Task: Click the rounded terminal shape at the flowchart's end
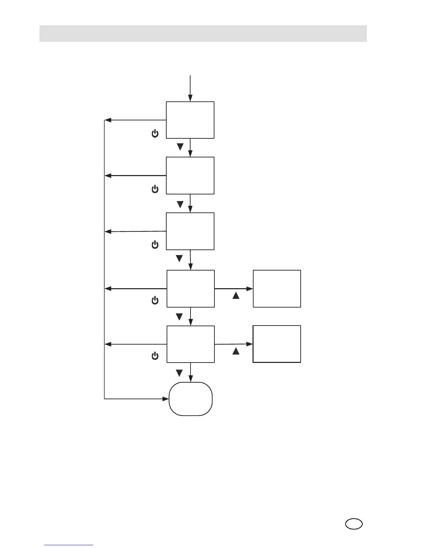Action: tap(191, 399)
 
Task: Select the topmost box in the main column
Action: tap(190, 120)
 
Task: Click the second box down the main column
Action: tap(190, 175)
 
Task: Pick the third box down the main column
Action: tap(190, 231)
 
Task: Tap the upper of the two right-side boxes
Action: tap(277, 289)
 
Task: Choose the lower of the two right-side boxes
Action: tap(277, 344)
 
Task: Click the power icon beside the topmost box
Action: tap(155, 134)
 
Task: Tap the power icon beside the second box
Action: tap(155, 189)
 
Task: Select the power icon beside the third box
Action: tap(155, 245)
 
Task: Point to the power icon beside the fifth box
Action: tap(155, 356)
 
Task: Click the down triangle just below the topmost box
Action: tap(180, 147)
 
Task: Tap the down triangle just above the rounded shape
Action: tap(179, 373)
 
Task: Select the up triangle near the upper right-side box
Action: tap(236, 295)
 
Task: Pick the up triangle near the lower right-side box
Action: tap(236, 351)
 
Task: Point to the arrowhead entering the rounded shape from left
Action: tap(166, 399)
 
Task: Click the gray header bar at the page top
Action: tap(203, 34)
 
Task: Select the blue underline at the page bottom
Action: tap(69, 545)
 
